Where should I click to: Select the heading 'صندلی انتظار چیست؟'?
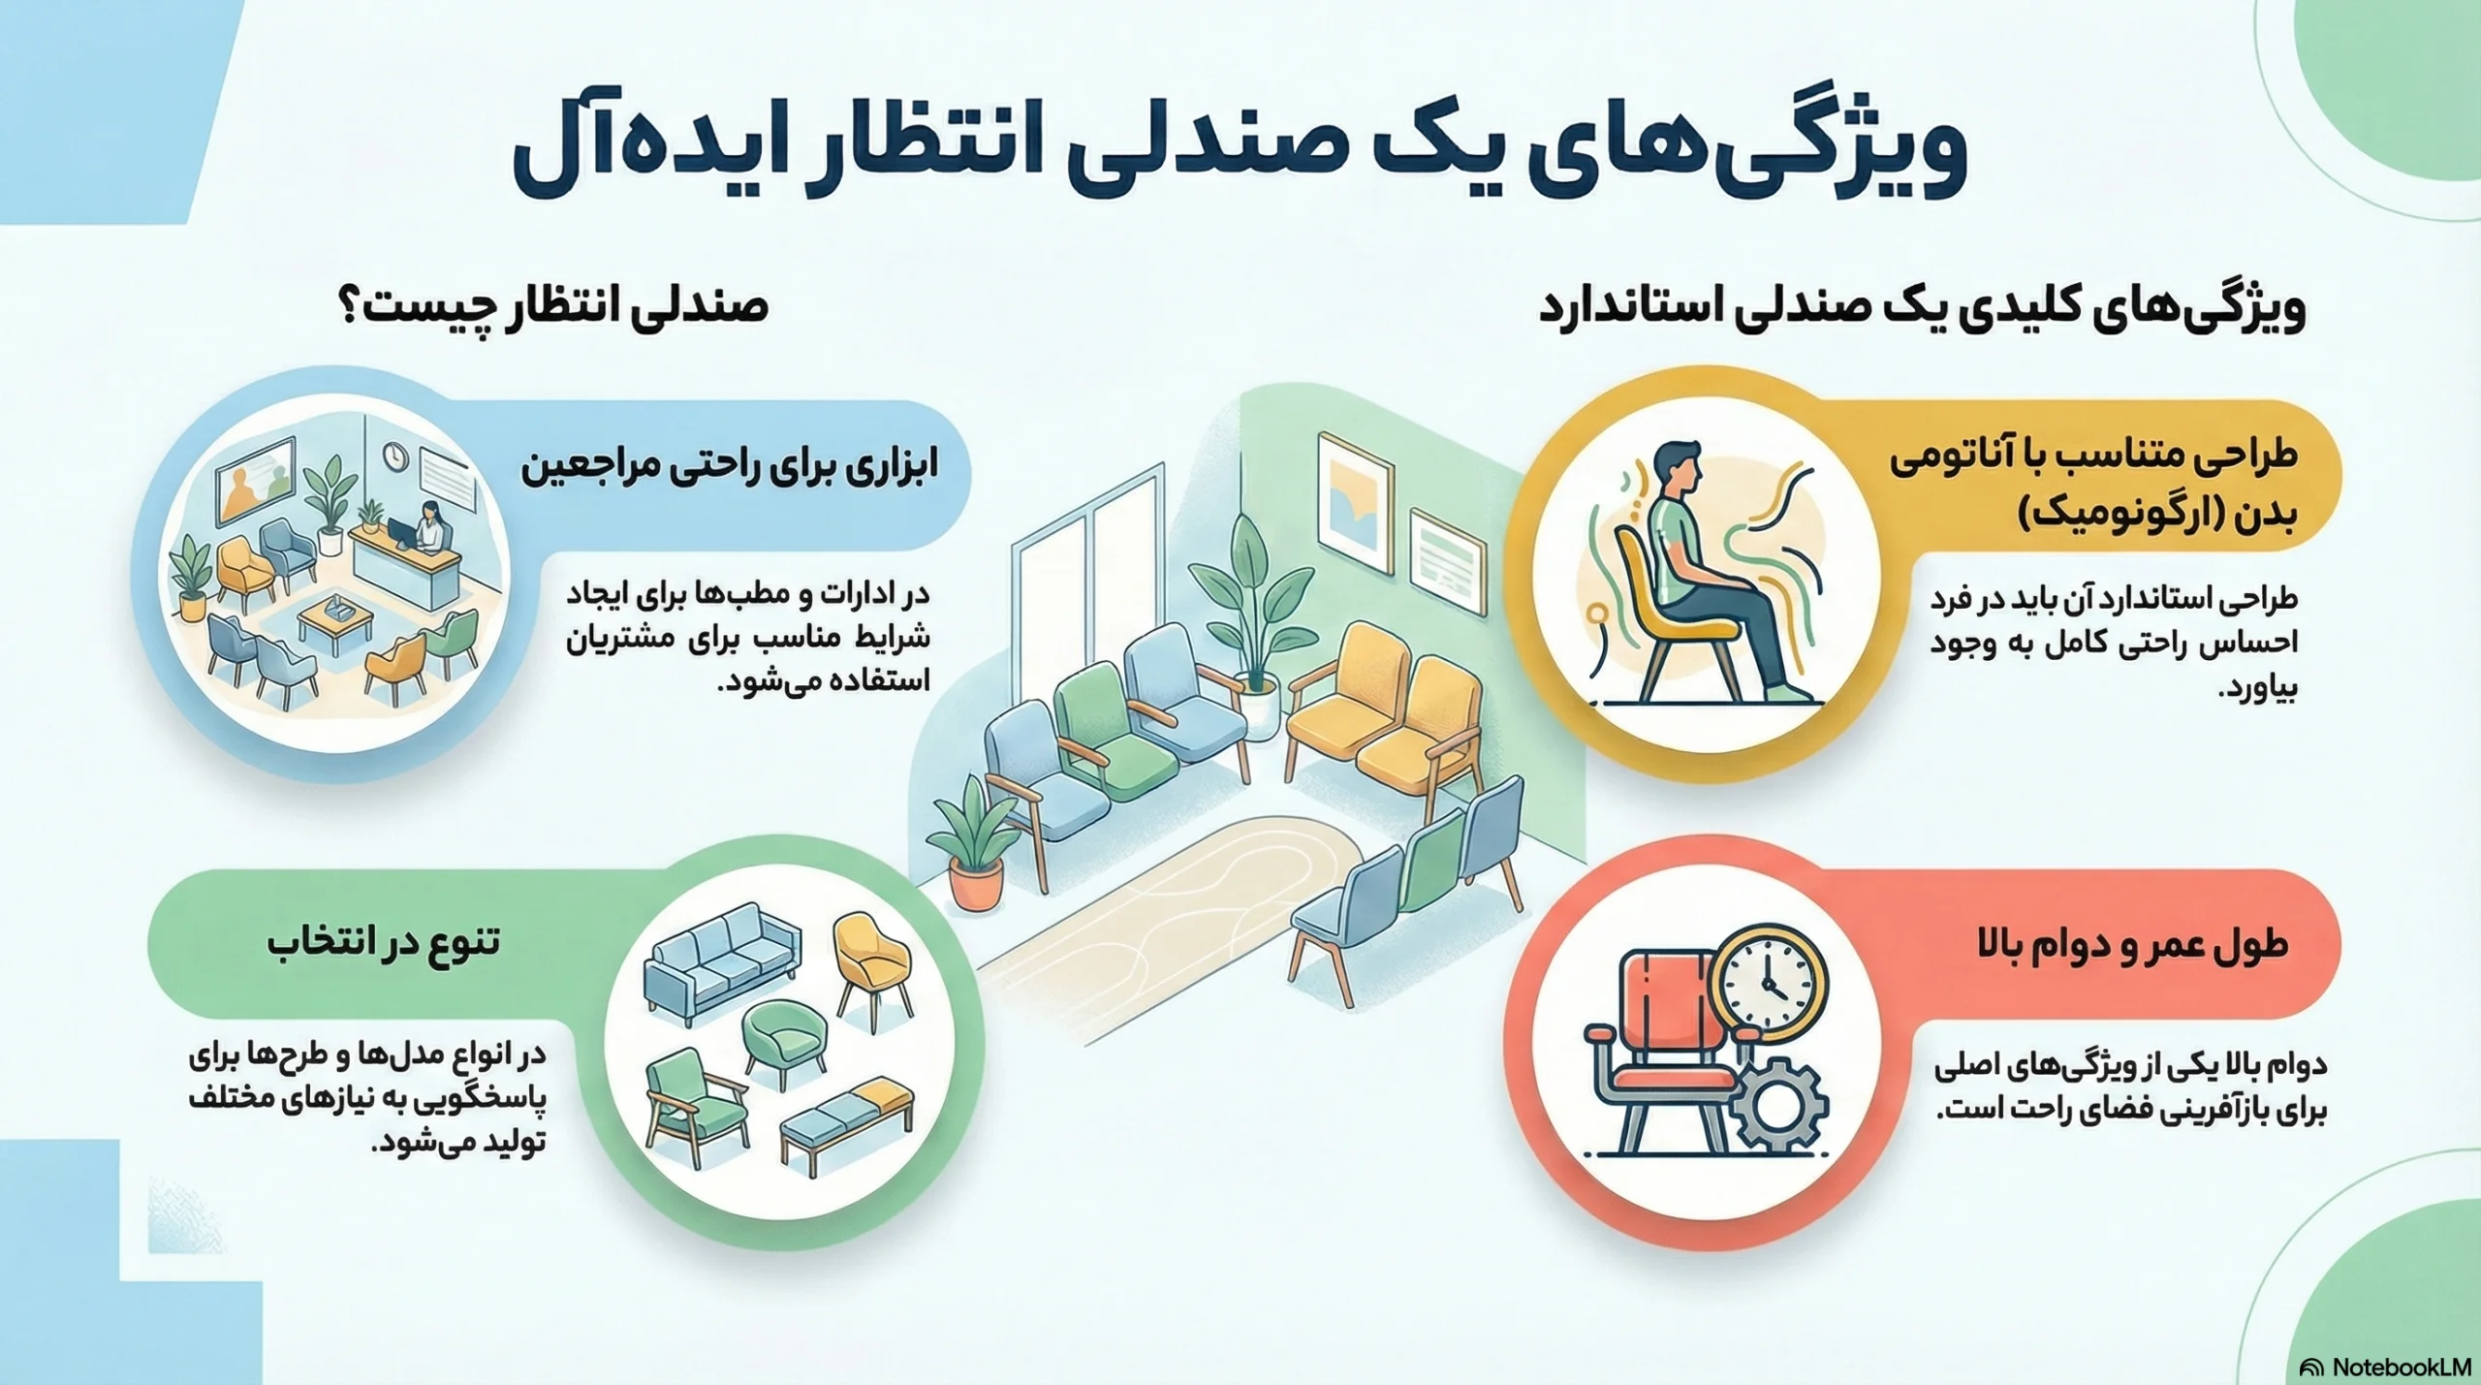pyautogui.click(x=553, y=308)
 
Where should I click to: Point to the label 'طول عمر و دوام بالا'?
pyautogui.click(x=2132, y=945)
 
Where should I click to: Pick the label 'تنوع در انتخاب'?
pyautogui.click(x=385, y=941)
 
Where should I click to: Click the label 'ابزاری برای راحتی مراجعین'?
pyautogui.click(x=730, y=468)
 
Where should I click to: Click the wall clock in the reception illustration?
pyautogui.click(x=393, y=456)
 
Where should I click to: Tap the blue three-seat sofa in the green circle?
pyautogui.click(x=723, y=961)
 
